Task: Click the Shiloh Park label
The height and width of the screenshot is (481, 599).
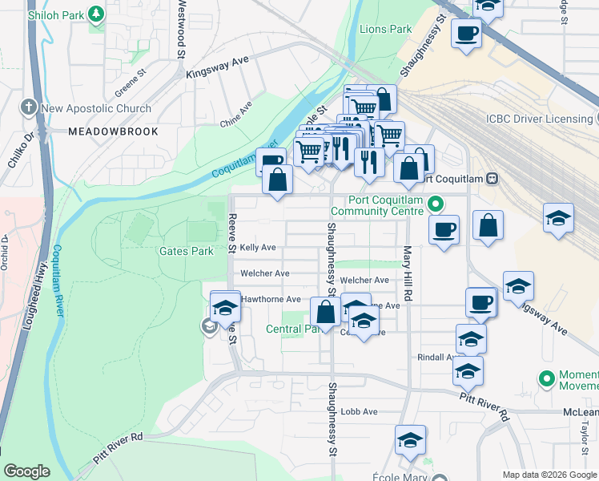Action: point(55,14)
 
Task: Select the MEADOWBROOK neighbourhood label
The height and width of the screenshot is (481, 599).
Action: point(113,131)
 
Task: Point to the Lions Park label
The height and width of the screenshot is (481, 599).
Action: point(386,30)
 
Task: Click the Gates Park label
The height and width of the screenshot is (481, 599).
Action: point(186,251)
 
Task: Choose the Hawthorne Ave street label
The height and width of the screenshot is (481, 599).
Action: point(271,299)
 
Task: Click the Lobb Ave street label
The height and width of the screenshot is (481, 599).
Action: point(359,412)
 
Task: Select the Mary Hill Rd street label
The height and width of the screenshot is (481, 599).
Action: point(408,273)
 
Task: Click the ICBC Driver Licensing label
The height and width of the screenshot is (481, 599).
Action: point(538,119)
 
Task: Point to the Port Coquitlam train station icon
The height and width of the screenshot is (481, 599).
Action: point(493,179)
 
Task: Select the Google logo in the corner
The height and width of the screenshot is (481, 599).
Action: point(26,471)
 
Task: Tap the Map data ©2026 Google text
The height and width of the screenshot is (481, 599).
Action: point(549,475)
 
